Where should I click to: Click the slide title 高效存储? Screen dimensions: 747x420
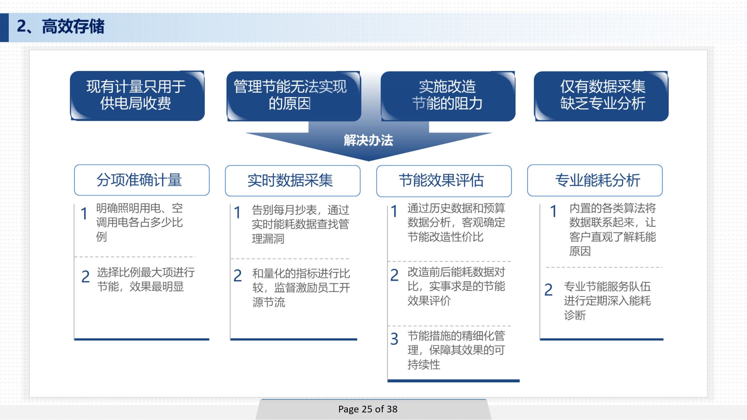73,27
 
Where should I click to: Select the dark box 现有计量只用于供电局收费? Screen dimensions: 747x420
137,96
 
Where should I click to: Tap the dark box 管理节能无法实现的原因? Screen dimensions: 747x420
294,96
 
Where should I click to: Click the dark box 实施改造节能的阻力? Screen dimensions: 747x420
448,96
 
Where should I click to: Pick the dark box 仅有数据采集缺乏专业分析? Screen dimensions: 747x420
601,96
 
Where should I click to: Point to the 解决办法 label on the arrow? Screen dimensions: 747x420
369,140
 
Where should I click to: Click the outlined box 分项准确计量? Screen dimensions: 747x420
142,180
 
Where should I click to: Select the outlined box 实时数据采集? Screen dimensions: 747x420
293,181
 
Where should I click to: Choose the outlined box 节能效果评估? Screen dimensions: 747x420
444,181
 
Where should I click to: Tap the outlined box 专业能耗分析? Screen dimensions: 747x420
595,180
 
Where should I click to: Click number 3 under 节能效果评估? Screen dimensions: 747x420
394,339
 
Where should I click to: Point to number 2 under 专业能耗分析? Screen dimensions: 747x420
549,290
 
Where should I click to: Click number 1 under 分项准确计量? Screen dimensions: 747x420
84,213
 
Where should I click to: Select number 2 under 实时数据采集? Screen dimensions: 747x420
238,276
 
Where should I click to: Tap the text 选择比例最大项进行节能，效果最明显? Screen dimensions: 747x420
146,279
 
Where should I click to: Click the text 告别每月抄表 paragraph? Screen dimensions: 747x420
301,224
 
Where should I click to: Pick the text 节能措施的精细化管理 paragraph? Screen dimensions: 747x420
456,350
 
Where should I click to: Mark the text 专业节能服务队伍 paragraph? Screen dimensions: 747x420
608,301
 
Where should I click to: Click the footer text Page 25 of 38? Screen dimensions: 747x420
368,409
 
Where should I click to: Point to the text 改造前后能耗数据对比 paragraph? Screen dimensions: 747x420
456,286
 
